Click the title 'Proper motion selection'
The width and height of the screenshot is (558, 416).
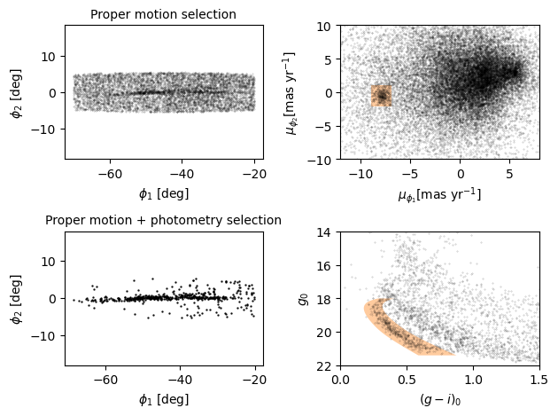tap(164, 14)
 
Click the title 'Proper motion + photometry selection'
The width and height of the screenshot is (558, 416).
tap(164, 220)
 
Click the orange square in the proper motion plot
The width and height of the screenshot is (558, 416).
tap(382, 95)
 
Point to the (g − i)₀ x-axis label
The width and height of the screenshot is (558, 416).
tap(439, 399)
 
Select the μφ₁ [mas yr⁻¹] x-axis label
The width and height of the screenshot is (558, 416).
tap(439, 194)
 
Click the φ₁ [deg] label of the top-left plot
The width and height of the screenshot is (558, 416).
tap(164, 193)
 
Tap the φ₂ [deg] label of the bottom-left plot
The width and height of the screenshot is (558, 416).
tap(16, 299)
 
